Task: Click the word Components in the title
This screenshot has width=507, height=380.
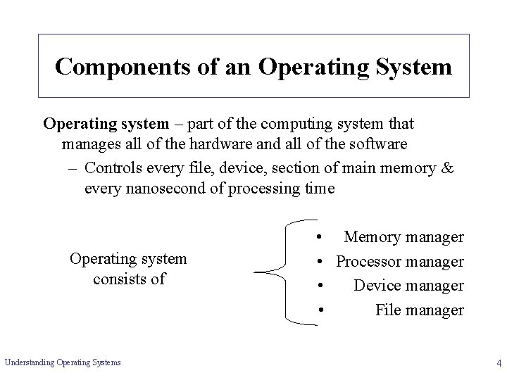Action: coord(117,66)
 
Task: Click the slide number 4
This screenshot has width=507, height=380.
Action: coord(498,363)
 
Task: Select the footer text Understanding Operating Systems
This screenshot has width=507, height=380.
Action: coord(63,362)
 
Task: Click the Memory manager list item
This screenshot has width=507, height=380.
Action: coord(403,238)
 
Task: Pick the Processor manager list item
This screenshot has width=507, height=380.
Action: coord(399,262)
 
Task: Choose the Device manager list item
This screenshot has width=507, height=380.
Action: coord(408,286)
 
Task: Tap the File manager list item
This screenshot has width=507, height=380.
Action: coord(419,310)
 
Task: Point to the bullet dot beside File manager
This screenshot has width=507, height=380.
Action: coord(320,310)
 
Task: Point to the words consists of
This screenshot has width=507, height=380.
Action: coord(128,278)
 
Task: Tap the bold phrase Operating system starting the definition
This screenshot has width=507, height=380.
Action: coord(106,124)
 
